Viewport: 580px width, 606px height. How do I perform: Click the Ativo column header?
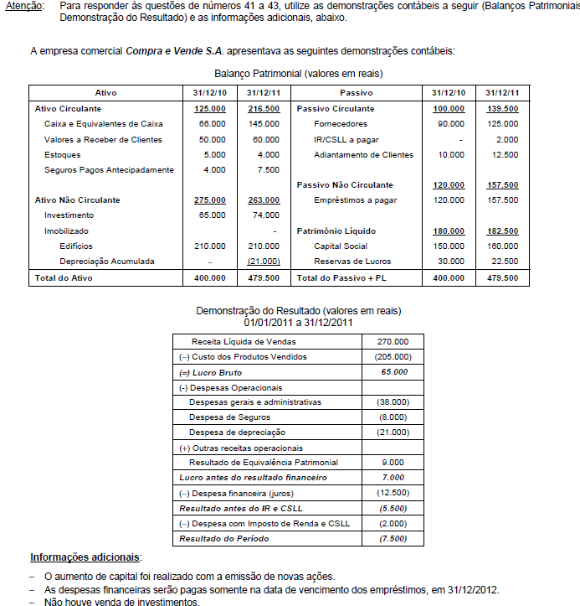click(105, 92)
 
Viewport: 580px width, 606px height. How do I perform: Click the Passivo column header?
click(357, 92)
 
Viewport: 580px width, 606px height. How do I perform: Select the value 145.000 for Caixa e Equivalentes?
click(263, 124)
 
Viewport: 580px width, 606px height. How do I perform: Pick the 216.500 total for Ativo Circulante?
click(263, 109)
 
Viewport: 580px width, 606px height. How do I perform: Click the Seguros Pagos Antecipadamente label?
click(109, 170)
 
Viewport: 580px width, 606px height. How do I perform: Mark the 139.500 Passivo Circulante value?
click(501, 109)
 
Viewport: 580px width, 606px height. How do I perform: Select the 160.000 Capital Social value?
click(501, 246)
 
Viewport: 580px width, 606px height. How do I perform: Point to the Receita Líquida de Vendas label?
click(244, 342)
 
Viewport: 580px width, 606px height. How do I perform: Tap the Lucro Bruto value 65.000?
click(393, 372)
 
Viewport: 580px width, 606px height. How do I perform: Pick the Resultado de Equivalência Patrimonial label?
click(264, 463)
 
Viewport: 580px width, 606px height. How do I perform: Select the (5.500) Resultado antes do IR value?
click(393, 508)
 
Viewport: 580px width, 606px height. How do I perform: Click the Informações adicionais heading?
click(85, 557)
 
